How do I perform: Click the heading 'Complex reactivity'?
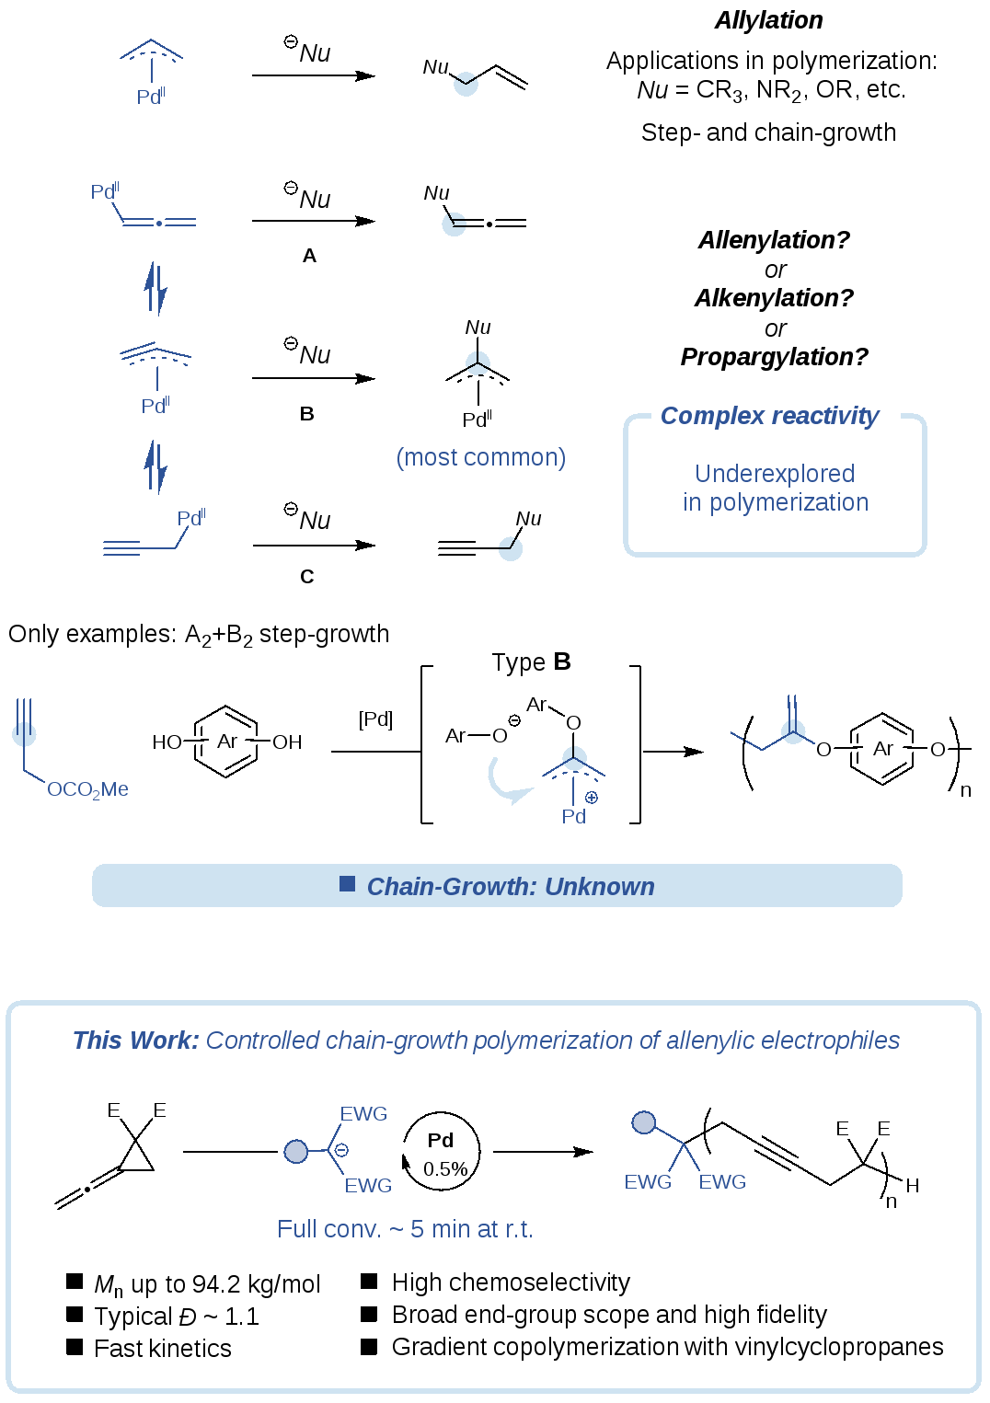pyautogui.click(x=770, y=416)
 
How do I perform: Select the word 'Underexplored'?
pyautogui.click(x=775, y=474)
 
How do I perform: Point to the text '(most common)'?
pyautogui.click(x=481, y=457)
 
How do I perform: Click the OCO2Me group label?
pyautogui.click(x=87, y=789)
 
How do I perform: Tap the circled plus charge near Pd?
pyautogui.click(x=592, y=798)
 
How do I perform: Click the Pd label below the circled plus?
pyautogui.click(x=573, y=816)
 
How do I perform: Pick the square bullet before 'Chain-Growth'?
pyautogui.click(x=347, y=884)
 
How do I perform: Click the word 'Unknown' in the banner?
pyautogui.click(x=599, y=887)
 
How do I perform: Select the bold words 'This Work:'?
pyautogui.click(x=135, y=1041)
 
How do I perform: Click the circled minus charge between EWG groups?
pyautogui.click(x=341, y=1150)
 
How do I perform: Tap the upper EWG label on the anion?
pyautogui.click(x=364, y=1114)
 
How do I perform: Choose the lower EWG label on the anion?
pyautogui.click(x=368, y=1186)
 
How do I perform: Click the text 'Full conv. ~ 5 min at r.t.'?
pyautogui.click(x=405, y=1229)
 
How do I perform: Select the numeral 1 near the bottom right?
pyautogui.click(x=832, y=1322)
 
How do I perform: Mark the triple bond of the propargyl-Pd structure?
pyautogui.click(x=121, y=548)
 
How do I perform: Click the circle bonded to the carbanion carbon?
pyautogui.click(x=296, y=1151)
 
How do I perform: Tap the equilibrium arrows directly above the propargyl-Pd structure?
pyautogui.click(x=156, y=466)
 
